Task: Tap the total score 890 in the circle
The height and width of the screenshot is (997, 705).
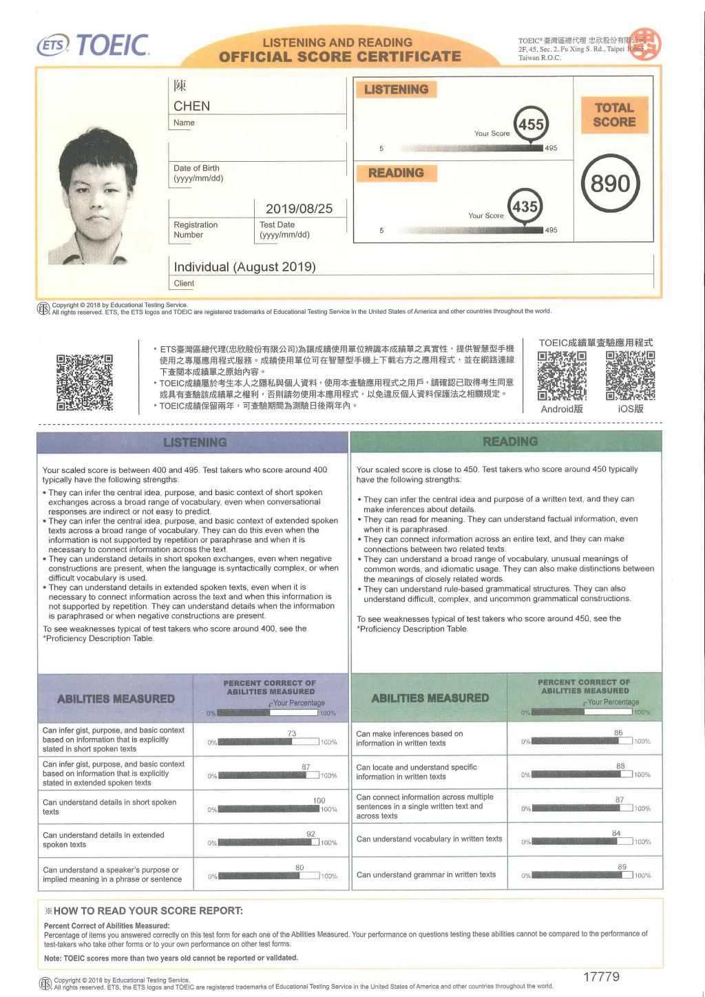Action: coord(610,184)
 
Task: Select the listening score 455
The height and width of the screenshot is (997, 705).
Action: coord(531,125)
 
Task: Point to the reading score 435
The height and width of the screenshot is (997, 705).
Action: coord(525,206)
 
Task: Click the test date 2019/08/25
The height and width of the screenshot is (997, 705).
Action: coord(299,209)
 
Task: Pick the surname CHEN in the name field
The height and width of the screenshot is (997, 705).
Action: coord(191,106)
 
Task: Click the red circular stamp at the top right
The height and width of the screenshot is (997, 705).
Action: coord(645,44)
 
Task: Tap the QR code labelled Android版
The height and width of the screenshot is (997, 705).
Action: coord(562,376)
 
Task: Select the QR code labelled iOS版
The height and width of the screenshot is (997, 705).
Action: coord(630,376)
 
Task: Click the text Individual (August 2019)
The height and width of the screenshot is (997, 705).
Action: coord(244,267)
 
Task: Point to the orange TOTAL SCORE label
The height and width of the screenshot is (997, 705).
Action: coord(614,115)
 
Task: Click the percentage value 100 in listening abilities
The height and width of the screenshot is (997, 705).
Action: coord(319,800)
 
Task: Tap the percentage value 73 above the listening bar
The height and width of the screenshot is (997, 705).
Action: coord(292,733)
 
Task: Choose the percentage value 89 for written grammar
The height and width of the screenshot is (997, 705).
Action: coord(622,867)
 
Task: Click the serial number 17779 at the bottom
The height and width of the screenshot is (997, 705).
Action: coord(601,976)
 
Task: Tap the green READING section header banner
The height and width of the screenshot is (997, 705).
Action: coord(507,441)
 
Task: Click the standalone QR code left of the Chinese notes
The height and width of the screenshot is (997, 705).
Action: coord(85,382)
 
